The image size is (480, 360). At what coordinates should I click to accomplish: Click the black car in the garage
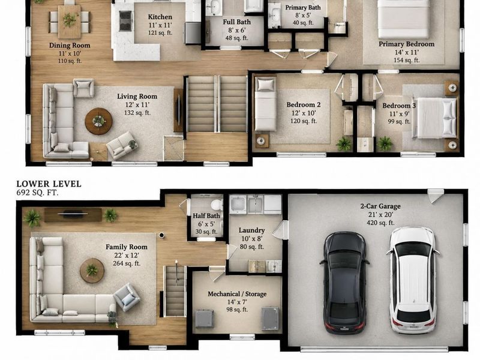(x=344, y=283)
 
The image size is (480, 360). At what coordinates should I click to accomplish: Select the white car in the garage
(x=413, y=280)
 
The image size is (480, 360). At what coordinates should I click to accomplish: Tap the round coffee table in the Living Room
(x=98, y=121)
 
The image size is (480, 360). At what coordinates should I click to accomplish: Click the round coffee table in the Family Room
(x=92, y=271)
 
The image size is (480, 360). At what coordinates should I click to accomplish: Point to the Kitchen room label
(x=160, y=17)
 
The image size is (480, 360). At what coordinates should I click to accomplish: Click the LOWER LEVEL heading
(x=49, y=184)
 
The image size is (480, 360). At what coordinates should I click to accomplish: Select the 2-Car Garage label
(x=380, y=206)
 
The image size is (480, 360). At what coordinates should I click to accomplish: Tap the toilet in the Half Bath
(x=217, y=205)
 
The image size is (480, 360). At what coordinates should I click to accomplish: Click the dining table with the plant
(x=70, y=22)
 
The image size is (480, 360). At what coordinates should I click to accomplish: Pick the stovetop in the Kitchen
(x=125, y=21)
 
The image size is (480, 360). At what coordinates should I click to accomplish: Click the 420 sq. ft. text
(x=380, y=223)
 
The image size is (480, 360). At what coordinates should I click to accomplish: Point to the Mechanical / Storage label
(x=237, y=294)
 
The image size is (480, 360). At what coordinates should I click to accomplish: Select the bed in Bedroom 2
(x=265, y=104)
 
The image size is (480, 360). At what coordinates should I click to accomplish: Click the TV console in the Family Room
(x=73, y=215)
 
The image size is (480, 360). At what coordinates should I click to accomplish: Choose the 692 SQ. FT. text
(x=37, y=193)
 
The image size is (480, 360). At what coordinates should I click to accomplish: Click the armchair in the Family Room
(x=127, y=297)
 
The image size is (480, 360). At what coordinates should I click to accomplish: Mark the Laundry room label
(x=251, y=230)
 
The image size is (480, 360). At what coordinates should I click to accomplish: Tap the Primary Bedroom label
(x=407, y=44)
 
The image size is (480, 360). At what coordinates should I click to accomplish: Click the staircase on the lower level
(x=175, y=292)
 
